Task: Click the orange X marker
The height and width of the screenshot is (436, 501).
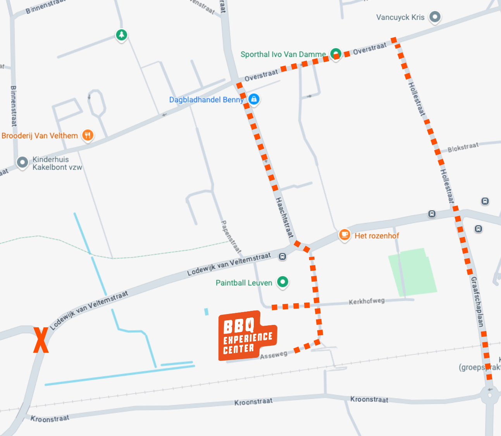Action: [41, 340]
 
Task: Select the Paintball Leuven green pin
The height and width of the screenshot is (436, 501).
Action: [283, 282]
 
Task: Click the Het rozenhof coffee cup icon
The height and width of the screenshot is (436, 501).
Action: [344, 234]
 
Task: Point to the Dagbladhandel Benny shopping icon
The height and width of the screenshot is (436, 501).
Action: [254, 99]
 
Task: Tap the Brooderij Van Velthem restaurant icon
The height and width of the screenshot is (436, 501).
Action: [88, 135]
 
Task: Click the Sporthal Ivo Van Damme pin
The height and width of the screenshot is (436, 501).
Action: [336, 53]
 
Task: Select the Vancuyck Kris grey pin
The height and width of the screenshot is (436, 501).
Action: [435, 17]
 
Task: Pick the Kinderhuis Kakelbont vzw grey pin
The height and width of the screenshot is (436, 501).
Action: [22, 162]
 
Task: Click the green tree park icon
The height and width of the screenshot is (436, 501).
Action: [122, 35]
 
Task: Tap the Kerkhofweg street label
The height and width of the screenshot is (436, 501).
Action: [367, 301]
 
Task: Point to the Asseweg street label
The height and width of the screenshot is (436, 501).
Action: [274, 355]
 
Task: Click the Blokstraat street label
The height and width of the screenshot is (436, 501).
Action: [463, 147]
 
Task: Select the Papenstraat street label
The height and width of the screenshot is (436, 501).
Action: [231, 237]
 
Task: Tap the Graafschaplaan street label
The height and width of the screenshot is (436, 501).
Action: [477, 302]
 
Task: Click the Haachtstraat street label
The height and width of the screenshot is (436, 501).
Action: [284, 217]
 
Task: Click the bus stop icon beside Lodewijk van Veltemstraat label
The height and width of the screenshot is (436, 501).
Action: [283, 256]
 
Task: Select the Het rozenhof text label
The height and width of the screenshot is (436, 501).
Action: [377, 235]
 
